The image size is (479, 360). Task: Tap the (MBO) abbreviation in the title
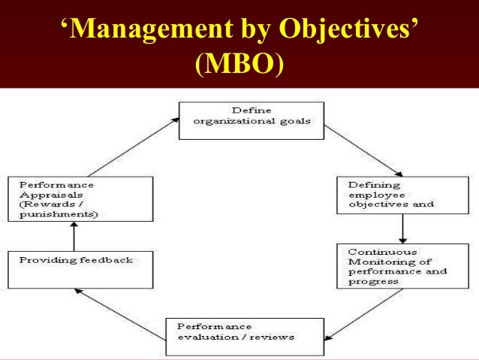(x=239, y=65)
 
